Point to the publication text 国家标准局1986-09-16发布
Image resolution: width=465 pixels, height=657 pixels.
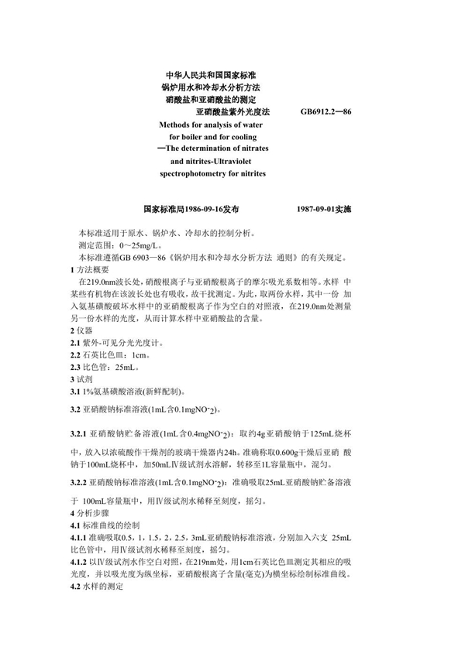pos(191,209)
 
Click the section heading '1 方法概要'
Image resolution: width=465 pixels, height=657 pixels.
pos(90,269)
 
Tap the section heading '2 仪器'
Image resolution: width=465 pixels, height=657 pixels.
pos(81,330)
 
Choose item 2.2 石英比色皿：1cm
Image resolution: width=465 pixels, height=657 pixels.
pos(109,355)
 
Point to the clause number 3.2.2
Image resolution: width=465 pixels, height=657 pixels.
pos(77,481)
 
